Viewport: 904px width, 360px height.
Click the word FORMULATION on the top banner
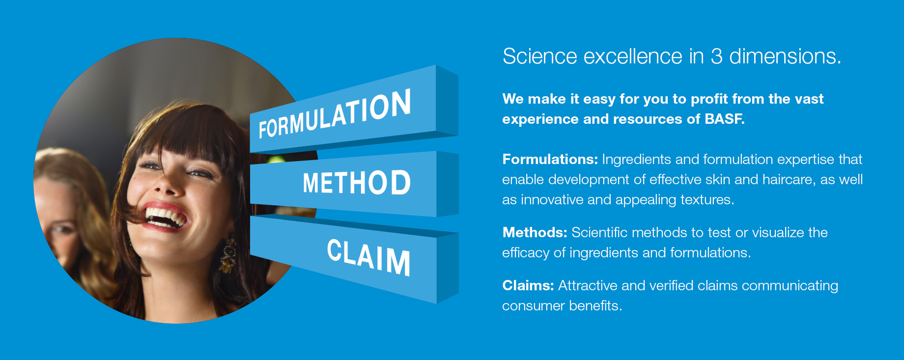(x=335, y=114)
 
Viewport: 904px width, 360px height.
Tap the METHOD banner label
(x=357, y=183)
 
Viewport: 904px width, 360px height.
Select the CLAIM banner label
(x=368, y=257)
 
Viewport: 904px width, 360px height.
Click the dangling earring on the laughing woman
(x=227, y=255)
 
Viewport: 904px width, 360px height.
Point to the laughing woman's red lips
(x=165, y=216)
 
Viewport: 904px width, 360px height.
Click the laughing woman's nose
(x=165, y=182)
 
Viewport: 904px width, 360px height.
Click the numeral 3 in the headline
(x=716, y=56)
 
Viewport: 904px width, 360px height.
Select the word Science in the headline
(x=540, y=56)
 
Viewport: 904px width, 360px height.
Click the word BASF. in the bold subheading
(x=725, y=119)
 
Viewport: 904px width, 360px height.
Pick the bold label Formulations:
(x=550, y=159)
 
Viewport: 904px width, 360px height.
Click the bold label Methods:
(x=535, y=232)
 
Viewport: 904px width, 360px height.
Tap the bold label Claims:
(x=528, y=285)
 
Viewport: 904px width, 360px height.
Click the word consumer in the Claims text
(x=533, y=306)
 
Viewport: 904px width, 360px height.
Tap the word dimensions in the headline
(x=785, y=56)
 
